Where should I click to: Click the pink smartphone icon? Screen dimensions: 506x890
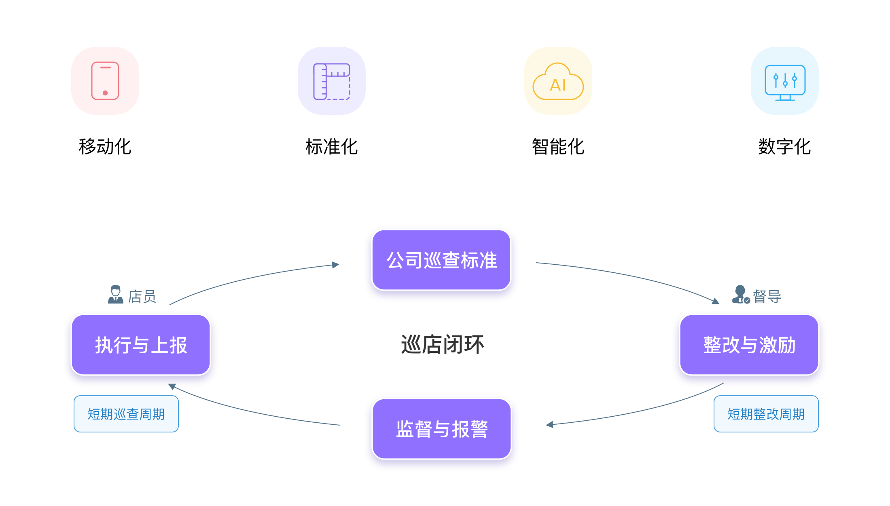(x=105, y=81)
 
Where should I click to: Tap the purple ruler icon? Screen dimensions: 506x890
(x=332, y=81)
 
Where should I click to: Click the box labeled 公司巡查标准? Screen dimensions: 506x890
(x=441, y=260)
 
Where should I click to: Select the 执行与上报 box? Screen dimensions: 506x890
(x=141, y=345)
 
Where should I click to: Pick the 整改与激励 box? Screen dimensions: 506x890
(x=749, y=345)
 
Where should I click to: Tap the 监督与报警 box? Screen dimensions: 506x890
(x=442, y=429)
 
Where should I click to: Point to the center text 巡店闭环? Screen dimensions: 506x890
(x=442, y=345)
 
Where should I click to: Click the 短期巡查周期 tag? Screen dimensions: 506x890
(x=126, y=414)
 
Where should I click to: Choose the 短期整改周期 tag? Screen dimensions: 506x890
(x=766, y=414)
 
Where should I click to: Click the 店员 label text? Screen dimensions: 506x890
(x=142, y=296)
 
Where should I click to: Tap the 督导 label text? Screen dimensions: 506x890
(x=767, y=296)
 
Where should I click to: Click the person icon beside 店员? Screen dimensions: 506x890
(x=115, y=294)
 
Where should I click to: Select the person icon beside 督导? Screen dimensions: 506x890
(x=741, y=294)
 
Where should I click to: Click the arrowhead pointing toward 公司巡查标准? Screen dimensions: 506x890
(x=336, y=265)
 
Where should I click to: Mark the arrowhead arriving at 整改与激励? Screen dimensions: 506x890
(x=716, y=301)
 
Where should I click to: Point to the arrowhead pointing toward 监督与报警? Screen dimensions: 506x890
(x=549, y=424)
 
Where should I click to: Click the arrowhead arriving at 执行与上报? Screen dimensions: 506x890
(x=172, y=387)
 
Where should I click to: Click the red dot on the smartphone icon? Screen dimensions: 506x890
(x=105, y=93)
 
